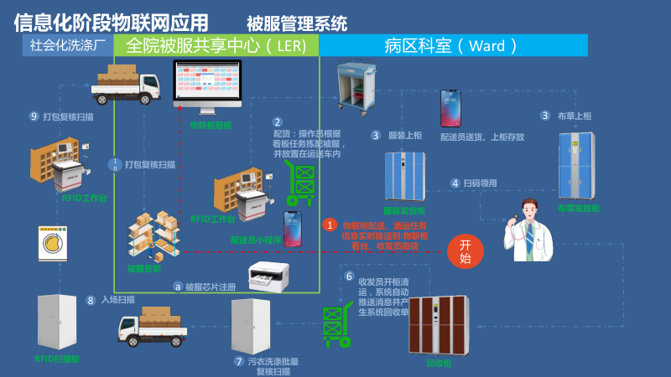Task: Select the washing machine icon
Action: point(54,243)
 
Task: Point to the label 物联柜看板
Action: point(211,126)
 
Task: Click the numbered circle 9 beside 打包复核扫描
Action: point(34,116)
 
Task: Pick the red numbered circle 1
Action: point(330,225)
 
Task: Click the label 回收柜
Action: point(439,364)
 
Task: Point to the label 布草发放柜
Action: point(579,208)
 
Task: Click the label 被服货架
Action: point(143,269)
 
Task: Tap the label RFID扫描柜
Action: point(57,359)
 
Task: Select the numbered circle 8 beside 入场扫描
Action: point(91,300)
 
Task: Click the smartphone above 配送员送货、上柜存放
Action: point(451,108)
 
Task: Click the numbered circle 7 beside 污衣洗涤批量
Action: point(239,362)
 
